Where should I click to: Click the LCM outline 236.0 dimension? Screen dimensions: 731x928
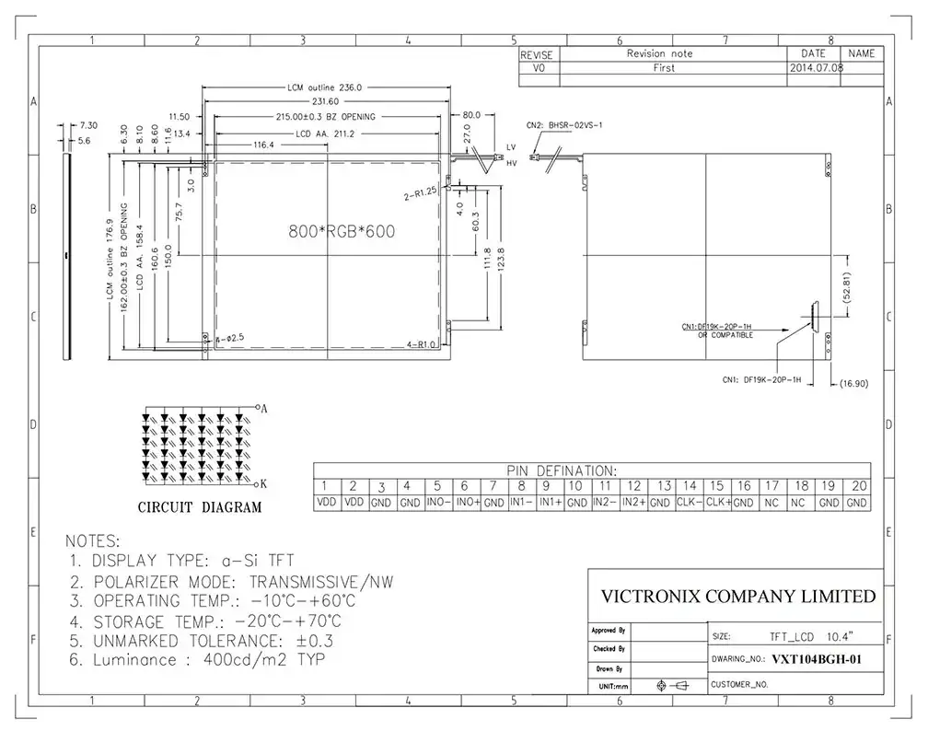coord(326,87)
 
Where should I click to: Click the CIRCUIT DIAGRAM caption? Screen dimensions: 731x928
coord(199,506)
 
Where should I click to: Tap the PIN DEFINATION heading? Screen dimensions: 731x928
coord(559,470)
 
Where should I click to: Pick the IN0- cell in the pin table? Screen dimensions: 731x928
coord(438,503)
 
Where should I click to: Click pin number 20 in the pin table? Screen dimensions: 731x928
coord(857,486)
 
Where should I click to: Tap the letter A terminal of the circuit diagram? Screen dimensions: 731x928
coord(264,408)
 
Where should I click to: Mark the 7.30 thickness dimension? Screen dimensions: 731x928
coord(89,124)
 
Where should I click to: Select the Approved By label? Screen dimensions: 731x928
coord(609,631)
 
